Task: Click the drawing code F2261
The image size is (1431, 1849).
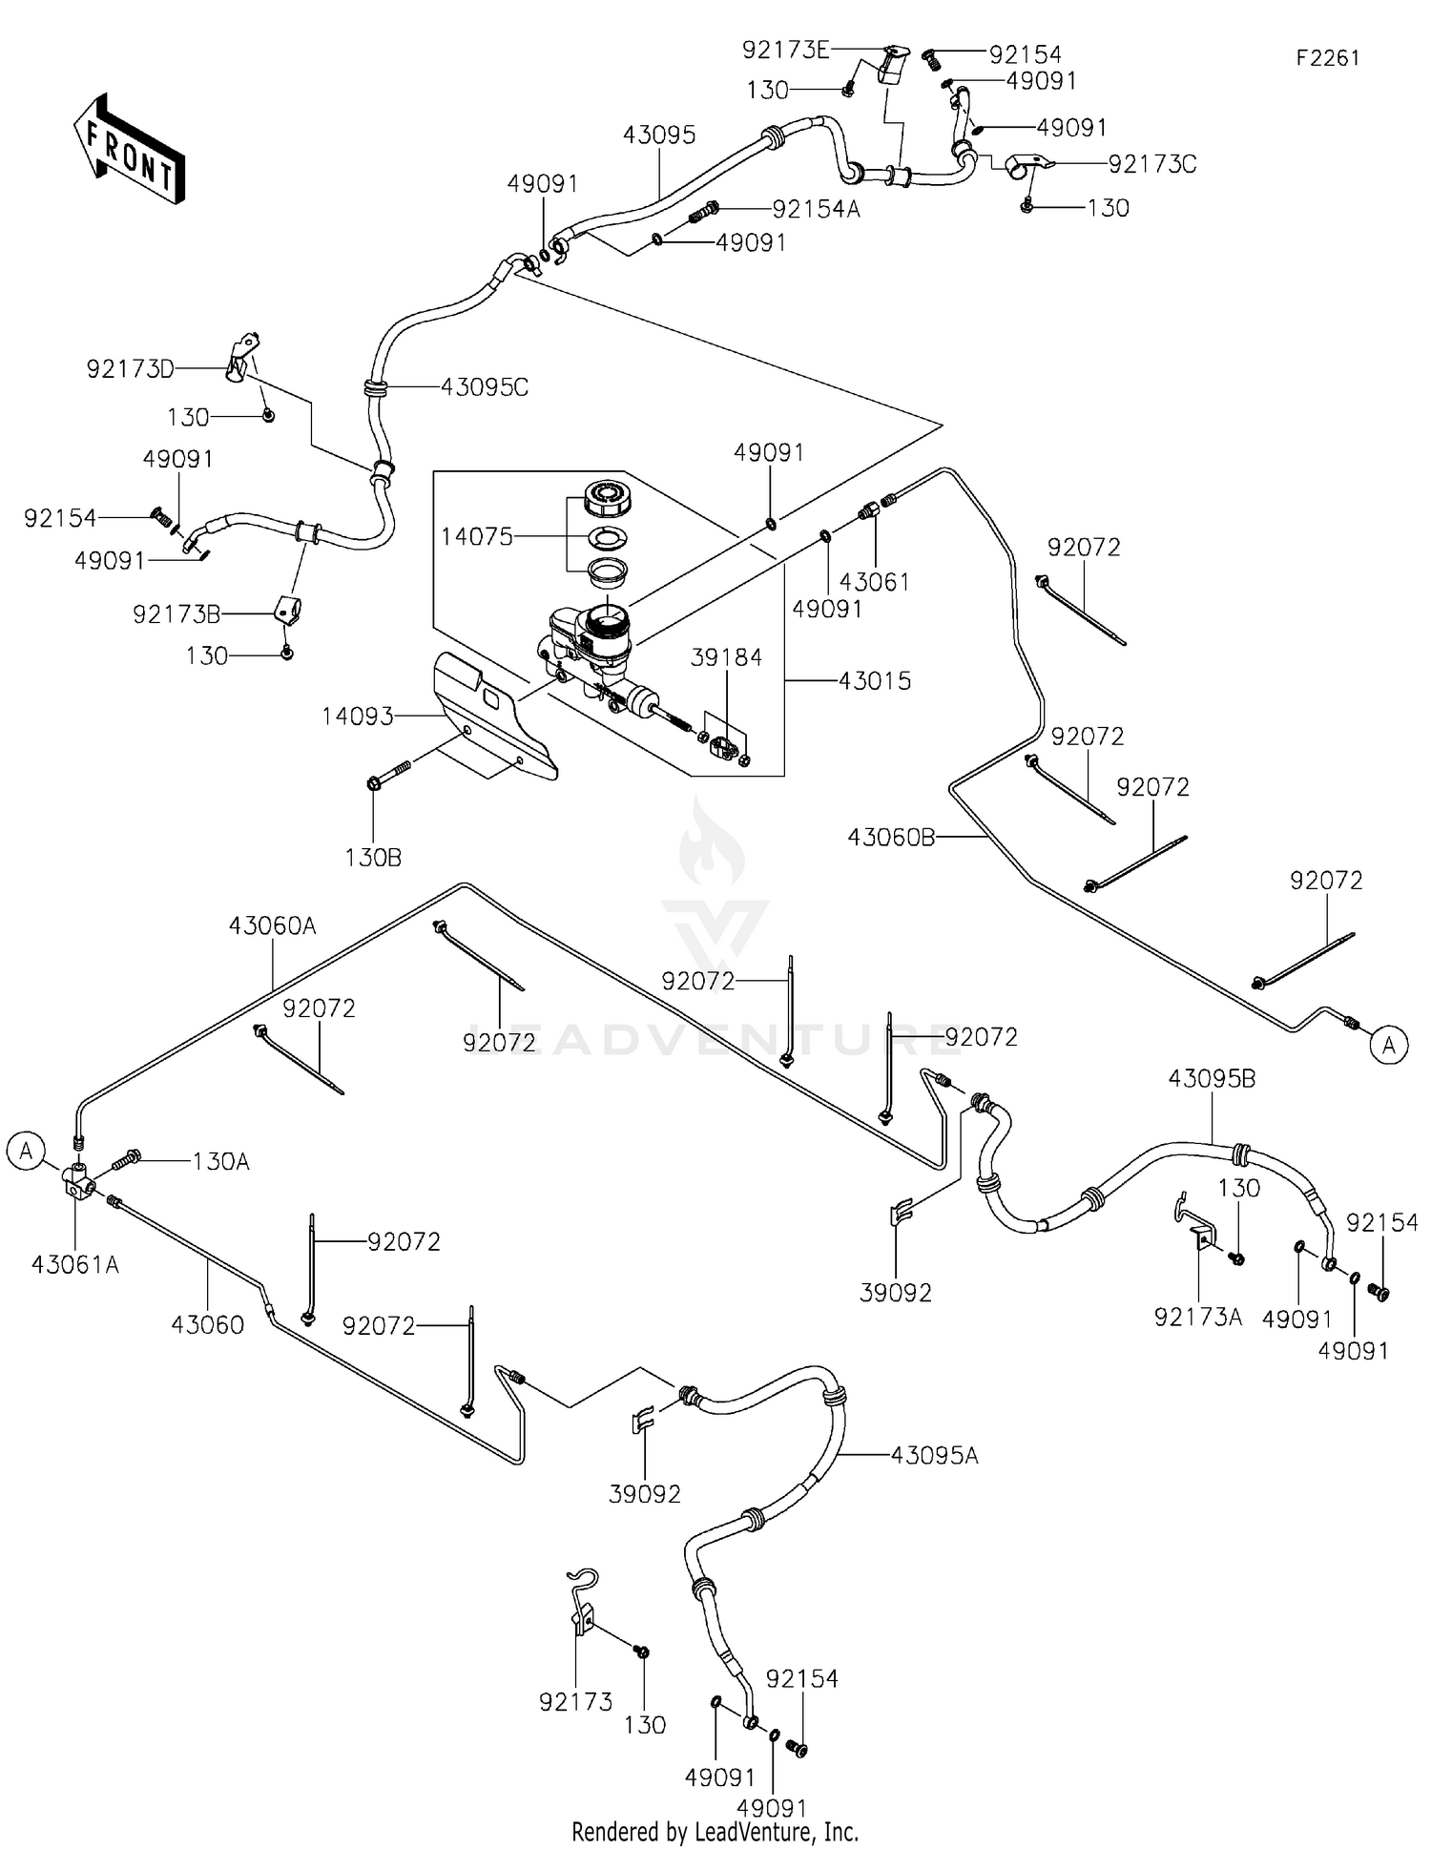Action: [1327, 58]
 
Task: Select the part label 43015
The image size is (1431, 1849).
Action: [875, 681]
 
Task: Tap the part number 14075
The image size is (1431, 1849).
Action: [476, 537]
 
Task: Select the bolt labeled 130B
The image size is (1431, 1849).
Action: [374, 784]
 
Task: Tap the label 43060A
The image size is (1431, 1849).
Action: [272, 925]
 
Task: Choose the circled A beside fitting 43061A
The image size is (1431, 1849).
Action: [26, 1151]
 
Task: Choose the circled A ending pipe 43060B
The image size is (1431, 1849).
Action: [1388, 1046]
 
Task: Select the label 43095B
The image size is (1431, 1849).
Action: [1212, 1079]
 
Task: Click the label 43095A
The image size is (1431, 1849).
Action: [934, 1456]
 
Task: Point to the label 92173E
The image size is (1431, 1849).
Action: [786, 51]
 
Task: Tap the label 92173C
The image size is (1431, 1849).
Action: [1151, 164]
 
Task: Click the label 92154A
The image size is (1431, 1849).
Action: [816, 209]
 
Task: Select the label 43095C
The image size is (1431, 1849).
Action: [484, 387]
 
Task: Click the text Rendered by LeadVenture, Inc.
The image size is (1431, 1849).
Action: [715, 1832]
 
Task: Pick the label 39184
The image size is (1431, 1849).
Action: [727, 657]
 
